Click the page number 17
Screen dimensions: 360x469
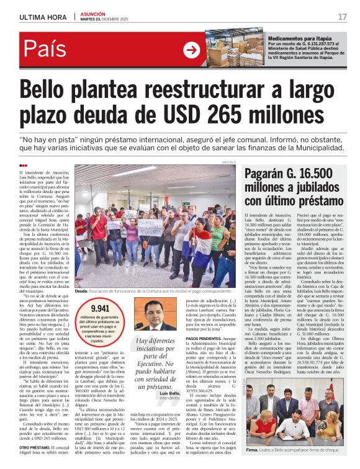342,17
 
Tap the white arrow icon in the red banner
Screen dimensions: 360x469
191,50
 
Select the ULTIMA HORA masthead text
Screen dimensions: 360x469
40,17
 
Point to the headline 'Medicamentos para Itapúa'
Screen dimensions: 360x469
297,38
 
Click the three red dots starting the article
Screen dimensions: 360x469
23,165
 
